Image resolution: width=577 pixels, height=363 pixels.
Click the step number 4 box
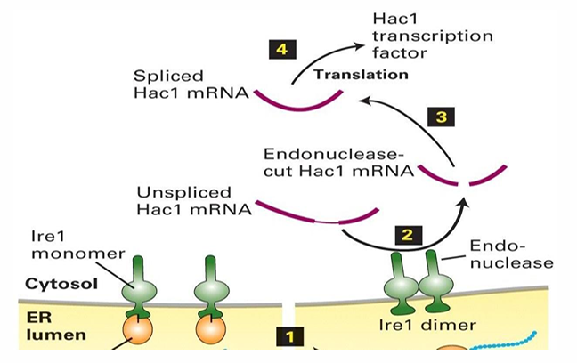click(x=281, y=50)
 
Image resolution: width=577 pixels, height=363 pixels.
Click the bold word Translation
click(x=361, y=75)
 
